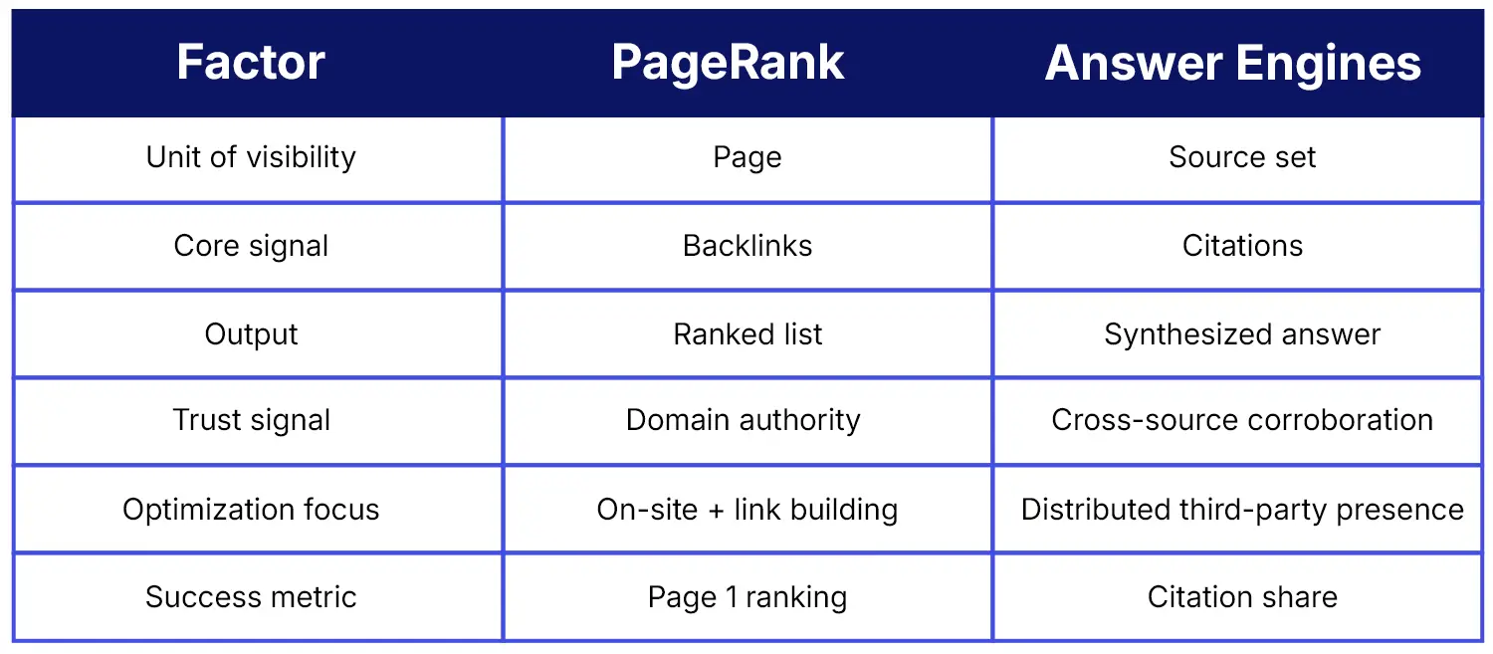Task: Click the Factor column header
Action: click(251, 63)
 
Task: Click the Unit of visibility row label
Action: click(251, 158)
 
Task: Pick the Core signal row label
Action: click(251, 247)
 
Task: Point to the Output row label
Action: click(251, 334)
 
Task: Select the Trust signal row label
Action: click(251, 421)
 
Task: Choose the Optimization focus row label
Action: click(251, 510)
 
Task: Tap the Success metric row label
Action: click(251, 596)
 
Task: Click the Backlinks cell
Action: click(747, 246)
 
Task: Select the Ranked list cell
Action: click(747, 334)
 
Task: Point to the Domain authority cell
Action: click(743, 421)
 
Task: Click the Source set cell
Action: click(1242, 157)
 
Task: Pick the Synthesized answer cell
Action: click(1242, 334)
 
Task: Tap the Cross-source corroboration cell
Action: click(1242, 420)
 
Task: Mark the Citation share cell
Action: click(1242, 596)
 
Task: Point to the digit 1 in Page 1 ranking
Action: click(732, 597)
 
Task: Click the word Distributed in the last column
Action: click(1097, 510)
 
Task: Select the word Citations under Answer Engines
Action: click(1242, 246)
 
